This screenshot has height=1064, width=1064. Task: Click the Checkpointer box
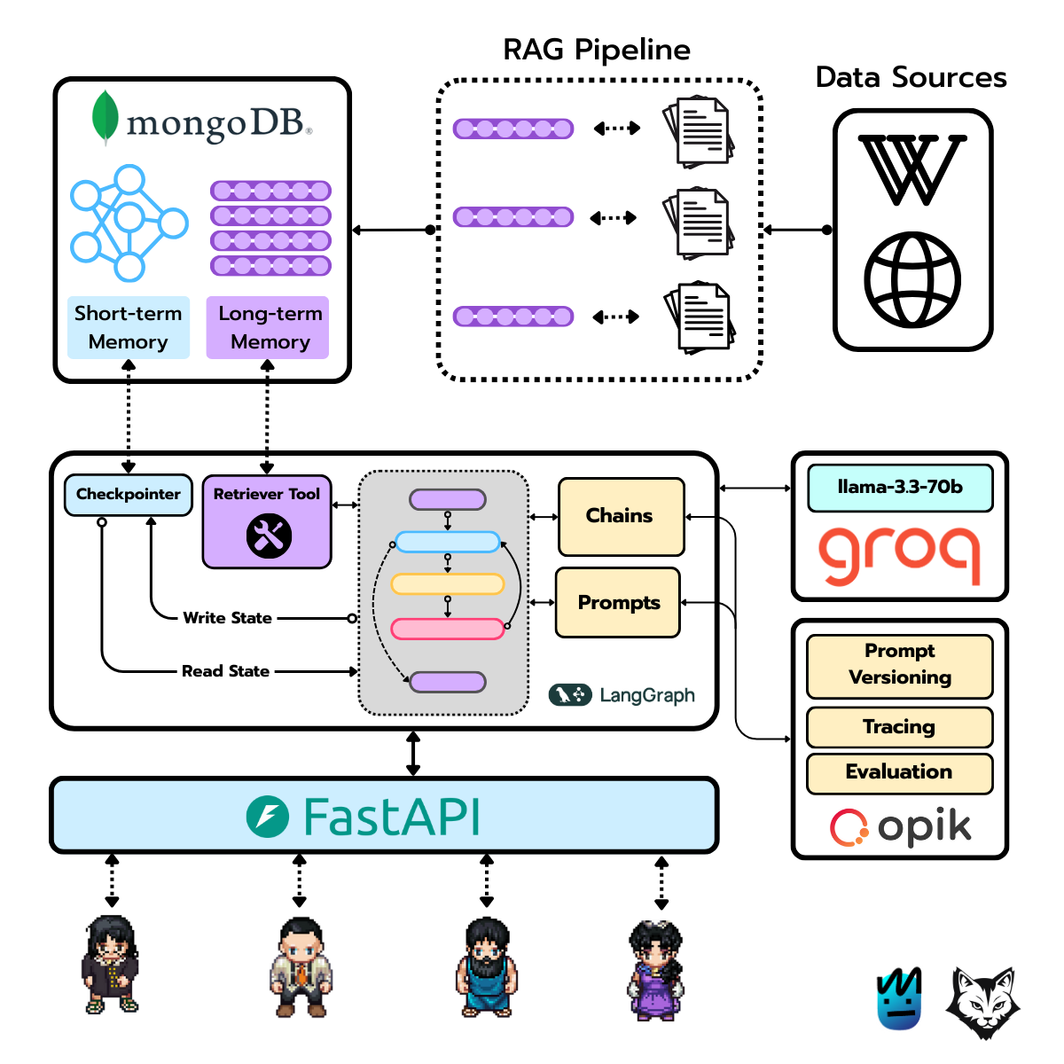(128, 495)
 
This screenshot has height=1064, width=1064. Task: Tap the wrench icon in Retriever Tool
(269, 536)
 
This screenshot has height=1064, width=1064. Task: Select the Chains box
(621, 516)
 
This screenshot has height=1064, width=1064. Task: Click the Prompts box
(618, 603)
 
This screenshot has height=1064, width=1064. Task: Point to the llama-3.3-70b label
(899, 488)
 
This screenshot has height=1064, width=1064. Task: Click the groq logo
(899, 553)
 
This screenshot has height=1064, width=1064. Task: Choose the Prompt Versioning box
(899, 665)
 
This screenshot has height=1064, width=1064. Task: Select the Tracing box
(899, 727)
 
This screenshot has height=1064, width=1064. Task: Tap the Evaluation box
(899, 772)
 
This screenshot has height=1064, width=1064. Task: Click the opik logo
(900, 827)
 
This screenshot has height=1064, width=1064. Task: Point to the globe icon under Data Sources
(912, 279)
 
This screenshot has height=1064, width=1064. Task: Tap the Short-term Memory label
(129, 327)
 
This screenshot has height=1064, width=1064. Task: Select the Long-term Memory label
(269, 327)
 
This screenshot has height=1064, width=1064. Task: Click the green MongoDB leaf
(106, 117)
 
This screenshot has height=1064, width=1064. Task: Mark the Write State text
(227, 618)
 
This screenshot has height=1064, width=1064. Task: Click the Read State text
(225, 671)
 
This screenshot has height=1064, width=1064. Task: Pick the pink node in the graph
(448, 629)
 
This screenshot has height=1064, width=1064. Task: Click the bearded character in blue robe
(486, 968)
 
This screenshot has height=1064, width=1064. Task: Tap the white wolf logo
(982, 1002)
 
